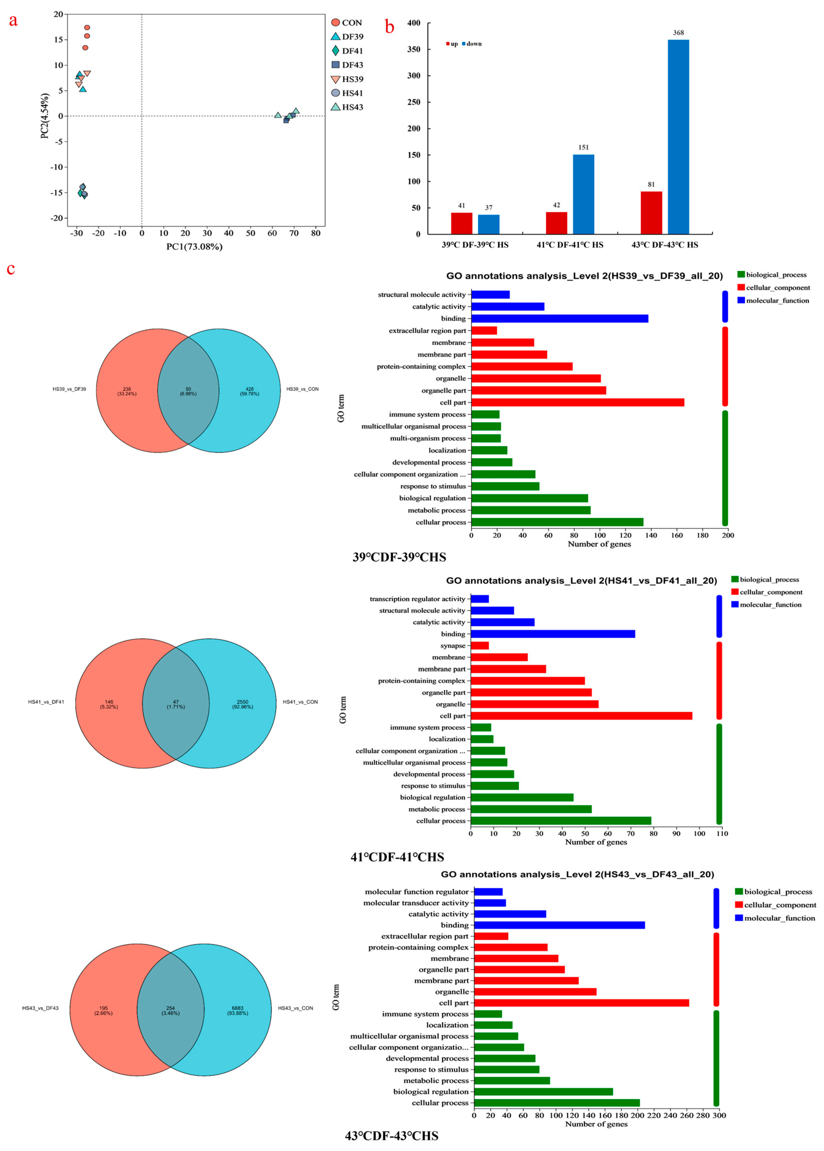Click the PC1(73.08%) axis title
(194, 247)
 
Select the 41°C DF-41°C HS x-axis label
(570, 245)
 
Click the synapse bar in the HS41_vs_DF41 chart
(479, 645)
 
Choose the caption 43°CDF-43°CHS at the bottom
(392, 1136)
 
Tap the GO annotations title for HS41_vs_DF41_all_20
(581, 581)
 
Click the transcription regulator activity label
(417, 599)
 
